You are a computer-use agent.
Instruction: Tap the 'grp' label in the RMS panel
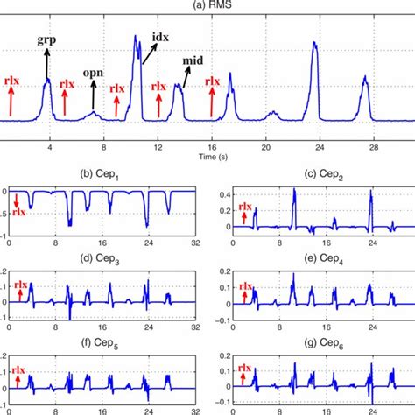46,39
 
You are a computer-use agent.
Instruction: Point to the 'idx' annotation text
162,39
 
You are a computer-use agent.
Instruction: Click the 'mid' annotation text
193,60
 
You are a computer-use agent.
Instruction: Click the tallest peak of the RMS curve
136,37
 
